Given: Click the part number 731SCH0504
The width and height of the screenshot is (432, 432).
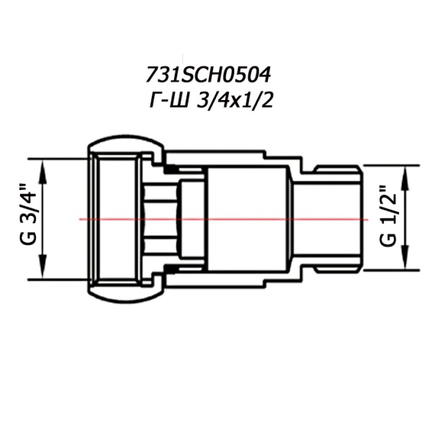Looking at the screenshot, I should click(x=211, y=75).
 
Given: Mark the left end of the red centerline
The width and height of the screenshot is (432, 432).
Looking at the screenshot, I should click(x=80, y=219).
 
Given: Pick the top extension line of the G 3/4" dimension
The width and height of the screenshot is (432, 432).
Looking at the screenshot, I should click(x=58, y=158).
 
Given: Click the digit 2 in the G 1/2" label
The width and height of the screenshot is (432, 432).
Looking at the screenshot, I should click(x=388, y=194).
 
